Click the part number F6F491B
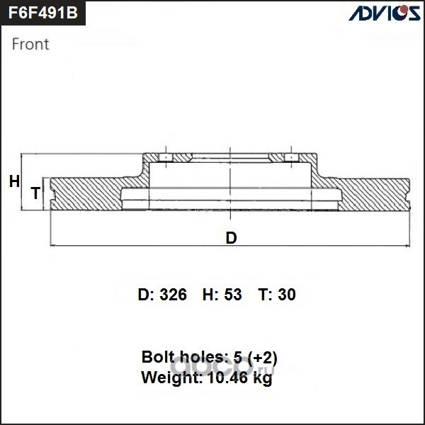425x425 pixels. tap(42, 13)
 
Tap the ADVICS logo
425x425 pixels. tap(385, 13)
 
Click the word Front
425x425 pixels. tap(30, 44)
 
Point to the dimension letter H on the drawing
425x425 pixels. tap(14, 181)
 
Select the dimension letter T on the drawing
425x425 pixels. tap(36, 193)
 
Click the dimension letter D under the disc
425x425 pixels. tap(231, 238)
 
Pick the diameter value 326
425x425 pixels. tap(174, 295)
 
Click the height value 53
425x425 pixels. tap(233, 295)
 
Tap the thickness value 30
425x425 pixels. tap(287, 295)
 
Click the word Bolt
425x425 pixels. tap(158, 357)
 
